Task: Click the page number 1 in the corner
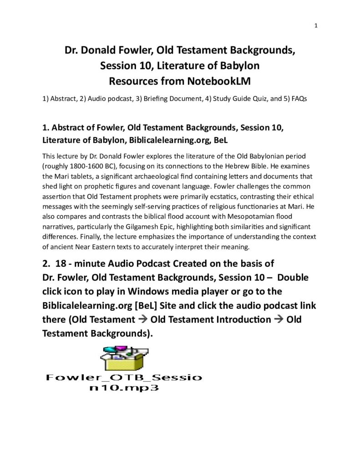pos(315,25)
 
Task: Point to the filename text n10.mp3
pos(124,389)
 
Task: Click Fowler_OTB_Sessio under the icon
pos(124,378)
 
